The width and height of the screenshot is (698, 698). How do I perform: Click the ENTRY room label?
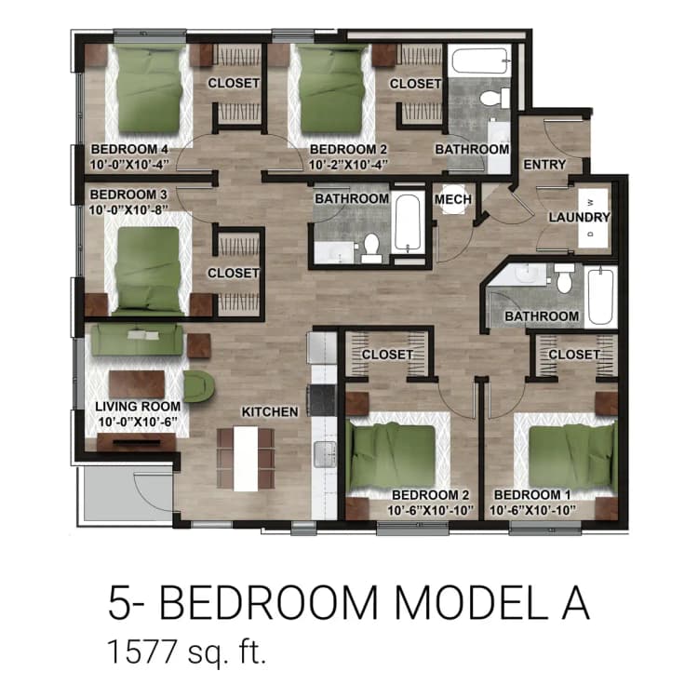tap(544, 165)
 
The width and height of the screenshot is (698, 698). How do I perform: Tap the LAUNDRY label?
tap(579, 218)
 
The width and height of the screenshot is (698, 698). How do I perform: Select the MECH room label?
tap(453, 199)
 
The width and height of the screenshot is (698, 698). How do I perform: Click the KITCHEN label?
tap(270, 411)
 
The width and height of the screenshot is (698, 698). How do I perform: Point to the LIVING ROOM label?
tap(138, 407)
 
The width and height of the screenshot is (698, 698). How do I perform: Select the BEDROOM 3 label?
tap(128, 195)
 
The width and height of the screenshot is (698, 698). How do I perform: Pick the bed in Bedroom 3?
tap(146, 268)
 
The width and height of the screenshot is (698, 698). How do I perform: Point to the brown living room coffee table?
tap(137, 383)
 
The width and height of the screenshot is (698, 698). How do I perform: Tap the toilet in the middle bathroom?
tap(372, 247)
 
